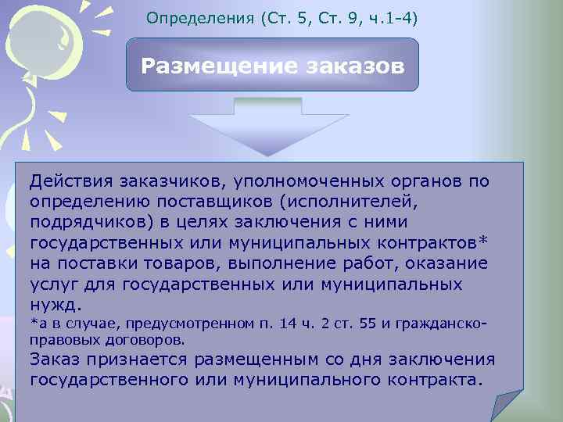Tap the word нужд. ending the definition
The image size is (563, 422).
click(55, 303)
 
